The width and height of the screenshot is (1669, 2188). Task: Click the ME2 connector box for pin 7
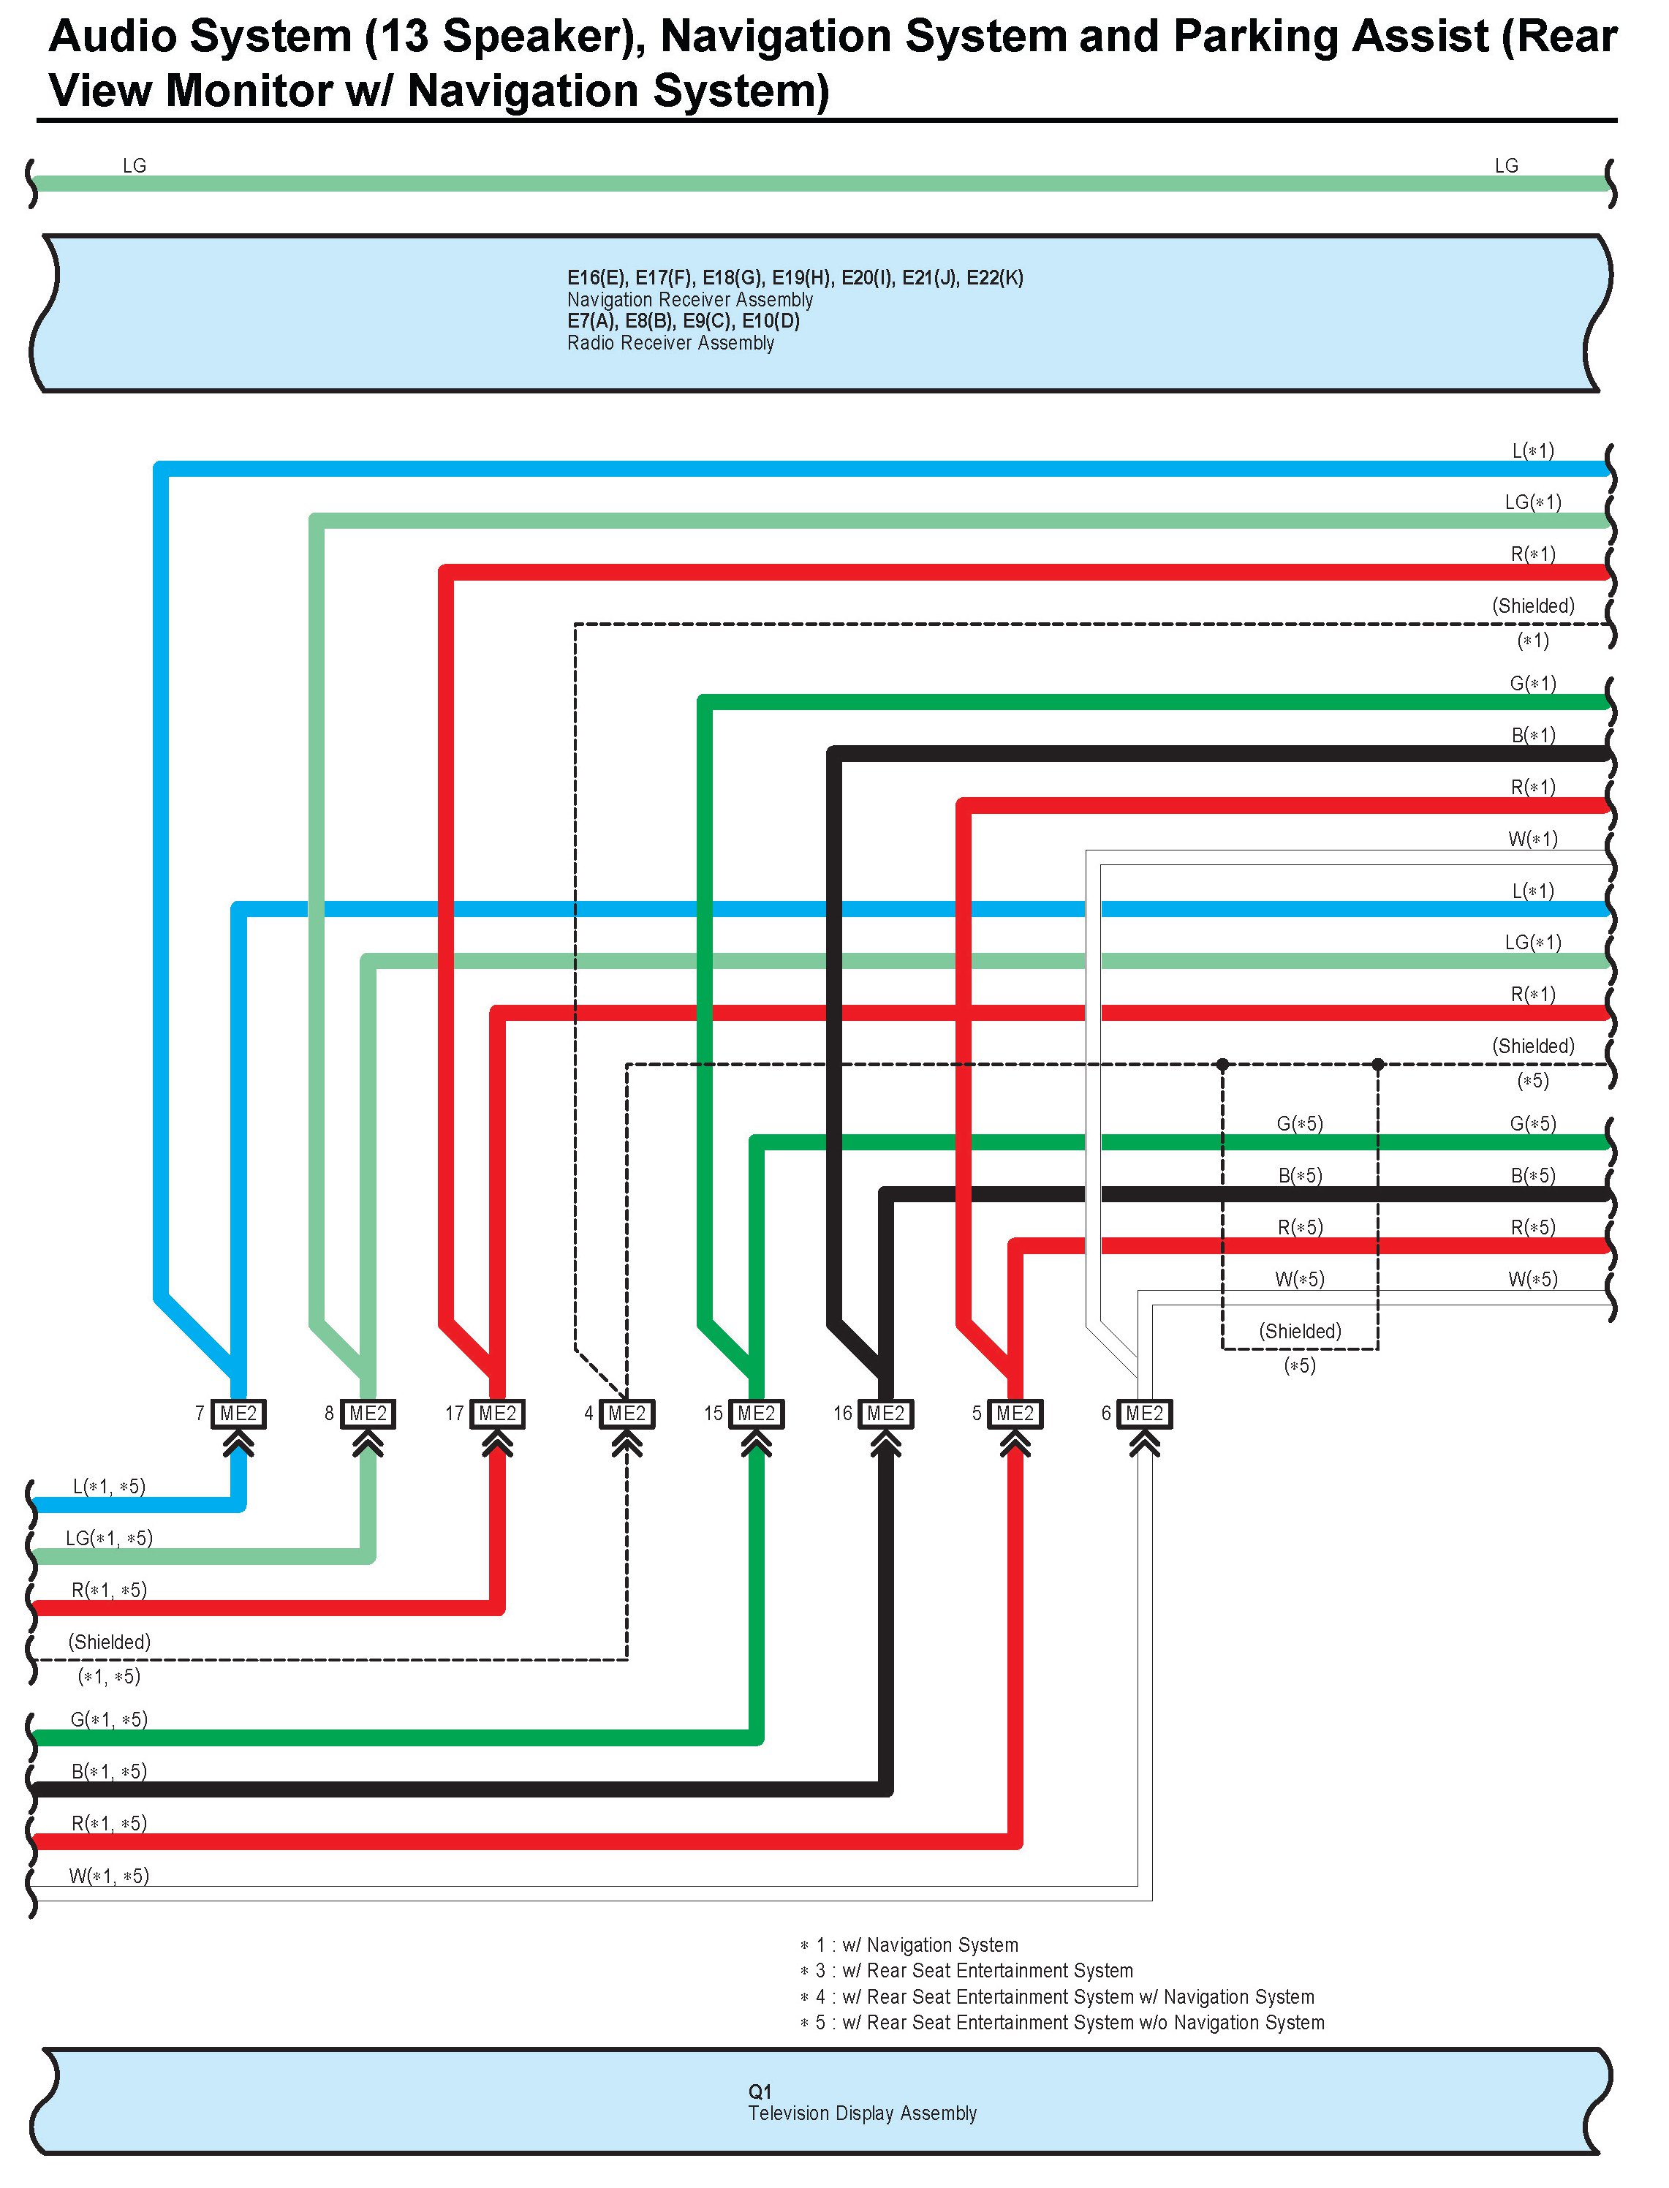(x=238, y=1414)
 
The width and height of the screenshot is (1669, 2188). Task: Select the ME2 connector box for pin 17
(x=498, y=1414)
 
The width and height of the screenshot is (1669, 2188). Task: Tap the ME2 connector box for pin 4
(x=627, y=1414)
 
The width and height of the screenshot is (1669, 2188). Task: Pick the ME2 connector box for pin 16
(x=886, y=1414)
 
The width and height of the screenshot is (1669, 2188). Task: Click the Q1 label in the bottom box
(x=760, y=2091)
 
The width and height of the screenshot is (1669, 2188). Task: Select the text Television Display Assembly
(x=863, y=2113)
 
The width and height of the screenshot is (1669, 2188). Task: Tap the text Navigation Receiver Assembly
(x=689, y=299)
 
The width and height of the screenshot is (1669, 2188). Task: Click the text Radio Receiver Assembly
(x=670, y=343)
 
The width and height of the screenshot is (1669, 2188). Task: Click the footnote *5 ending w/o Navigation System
(x=1062, y=2022)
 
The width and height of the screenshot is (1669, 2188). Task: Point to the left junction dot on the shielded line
(x=1223, y=1064)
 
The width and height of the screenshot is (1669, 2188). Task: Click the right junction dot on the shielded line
(x=1378, y=1064)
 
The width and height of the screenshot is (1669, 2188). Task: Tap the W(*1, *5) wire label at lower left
(x=109, y=1876)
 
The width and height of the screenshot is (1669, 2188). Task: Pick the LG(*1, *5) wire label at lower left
(x=109, y=1538)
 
